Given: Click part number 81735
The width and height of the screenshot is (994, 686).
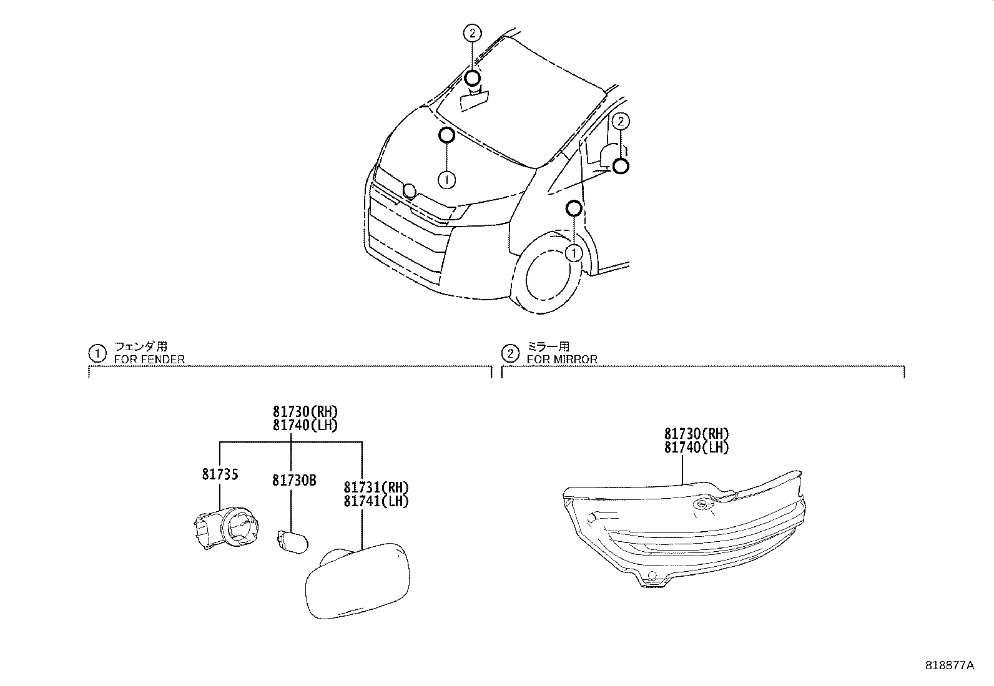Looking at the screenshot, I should coord(220,475).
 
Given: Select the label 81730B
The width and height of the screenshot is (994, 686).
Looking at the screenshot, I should coord(294,480).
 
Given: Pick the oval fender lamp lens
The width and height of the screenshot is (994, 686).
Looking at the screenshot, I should coord(358,581).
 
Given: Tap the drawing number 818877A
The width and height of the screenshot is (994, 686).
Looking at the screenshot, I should coord(949,665).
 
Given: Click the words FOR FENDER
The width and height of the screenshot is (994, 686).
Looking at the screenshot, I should coord(149,360).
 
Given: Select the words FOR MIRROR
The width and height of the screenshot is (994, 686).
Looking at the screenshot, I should coord(562,360).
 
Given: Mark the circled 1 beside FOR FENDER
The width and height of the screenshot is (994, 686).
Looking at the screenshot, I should coord(97,354).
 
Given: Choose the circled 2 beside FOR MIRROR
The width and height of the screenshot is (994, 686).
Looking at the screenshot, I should coord(510,354).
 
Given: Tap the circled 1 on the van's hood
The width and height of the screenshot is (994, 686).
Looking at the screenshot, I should coord(446,180).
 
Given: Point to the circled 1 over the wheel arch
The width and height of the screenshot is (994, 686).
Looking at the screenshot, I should coord(573,253).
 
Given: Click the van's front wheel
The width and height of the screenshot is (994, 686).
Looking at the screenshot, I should coord(548,278).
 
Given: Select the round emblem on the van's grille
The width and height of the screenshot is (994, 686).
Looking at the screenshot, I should coord(409,190).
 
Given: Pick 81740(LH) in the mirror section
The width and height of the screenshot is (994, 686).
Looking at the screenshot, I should coord(696,448).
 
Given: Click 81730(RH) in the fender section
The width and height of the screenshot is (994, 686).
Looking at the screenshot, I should coord(305,412).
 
